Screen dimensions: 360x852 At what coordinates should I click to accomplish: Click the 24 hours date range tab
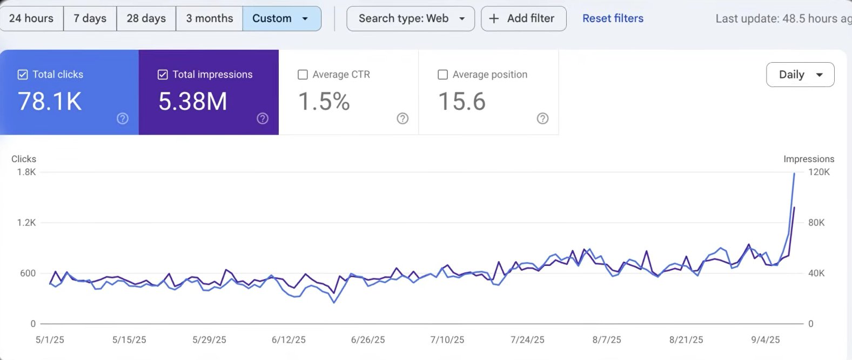pyautogui.click(x=31, y=18)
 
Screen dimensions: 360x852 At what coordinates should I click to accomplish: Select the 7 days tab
pyautogui.click(x=90, y=18)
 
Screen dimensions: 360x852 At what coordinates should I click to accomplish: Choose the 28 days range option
pyautogui.click(x=146, y=18)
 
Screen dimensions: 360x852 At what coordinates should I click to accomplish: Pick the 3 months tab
pyautogui.click(x=209, y=18)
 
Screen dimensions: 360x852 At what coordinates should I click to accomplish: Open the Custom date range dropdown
pyautogui.click(x=281, y=18)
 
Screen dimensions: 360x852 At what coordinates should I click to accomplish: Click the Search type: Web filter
pyautogui.click(x=410, y=18)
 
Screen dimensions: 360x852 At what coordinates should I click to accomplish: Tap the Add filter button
pyautogui.click(x=523, y=18)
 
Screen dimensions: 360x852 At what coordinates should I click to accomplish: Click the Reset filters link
pyautogui.click(x=613, y=18)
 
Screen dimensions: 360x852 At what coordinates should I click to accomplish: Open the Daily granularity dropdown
pyautogui.click(x=800, y=75)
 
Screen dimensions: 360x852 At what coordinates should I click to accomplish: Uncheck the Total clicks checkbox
pyautogui.click(x=23, y=75)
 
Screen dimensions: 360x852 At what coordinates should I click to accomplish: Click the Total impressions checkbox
pyautogui.click(x=163, y=75)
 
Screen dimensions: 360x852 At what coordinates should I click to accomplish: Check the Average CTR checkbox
pyautogui.click(x=303, y=75)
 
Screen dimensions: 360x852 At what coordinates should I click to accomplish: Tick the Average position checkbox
pyautogui.click(x=442, y=75)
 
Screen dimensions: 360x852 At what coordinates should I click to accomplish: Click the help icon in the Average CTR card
pyautogui.click(x=402, y=118)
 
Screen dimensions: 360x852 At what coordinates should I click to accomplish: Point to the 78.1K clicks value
pyautogui.click(x=50, y=101)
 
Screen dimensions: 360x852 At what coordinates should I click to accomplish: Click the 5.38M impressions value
pyautogui.click(x=192, y=101)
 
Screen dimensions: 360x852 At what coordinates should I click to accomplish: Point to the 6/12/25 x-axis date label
pyautogui.click(x=289, y=340)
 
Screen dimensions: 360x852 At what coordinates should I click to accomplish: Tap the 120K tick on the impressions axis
pyautogui.click(x=819, y=172)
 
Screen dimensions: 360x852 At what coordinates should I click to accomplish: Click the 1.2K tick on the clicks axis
pyautogui.click(x=26, y=223)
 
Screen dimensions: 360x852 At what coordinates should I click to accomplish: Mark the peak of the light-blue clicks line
pyautogui.click(x=794, y=174)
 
